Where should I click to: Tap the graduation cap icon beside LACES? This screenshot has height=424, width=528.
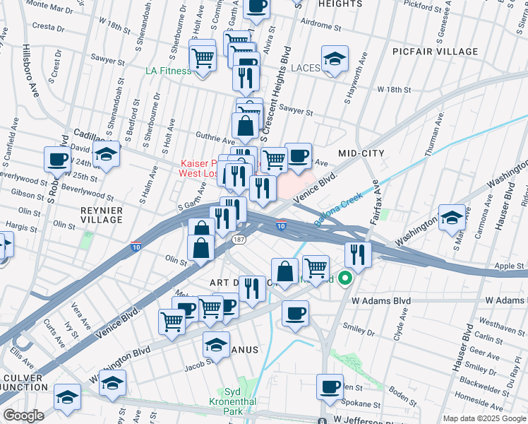point(335,59)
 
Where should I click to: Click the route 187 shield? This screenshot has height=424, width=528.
point(239,239)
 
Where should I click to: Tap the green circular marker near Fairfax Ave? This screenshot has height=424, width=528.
point(344,278)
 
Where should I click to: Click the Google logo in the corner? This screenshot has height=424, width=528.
point(23,416)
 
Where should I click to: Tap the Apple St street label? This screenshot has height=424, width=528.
point(508,266)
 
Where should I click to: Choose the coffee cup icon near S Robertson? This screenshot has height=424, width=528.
point(57,160)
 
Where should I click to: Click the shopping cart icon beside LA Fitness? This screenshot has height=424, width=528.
point(203,57)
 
